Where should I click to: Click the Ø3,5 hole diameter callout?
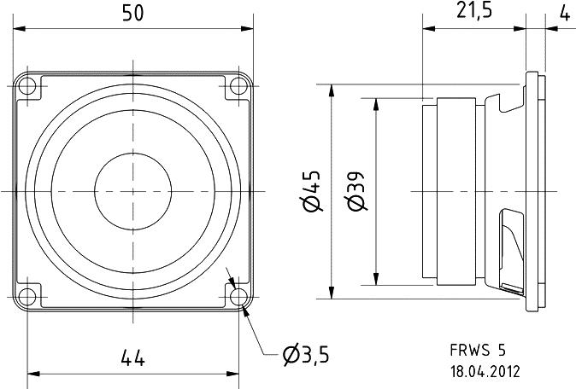pyautogui.click(x=305, y=352)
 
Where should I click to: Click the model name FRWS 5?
pyautogui.click(x=478, y=350)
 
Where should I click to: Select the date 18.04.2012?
pyautogui.click(x=485, y=371)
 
